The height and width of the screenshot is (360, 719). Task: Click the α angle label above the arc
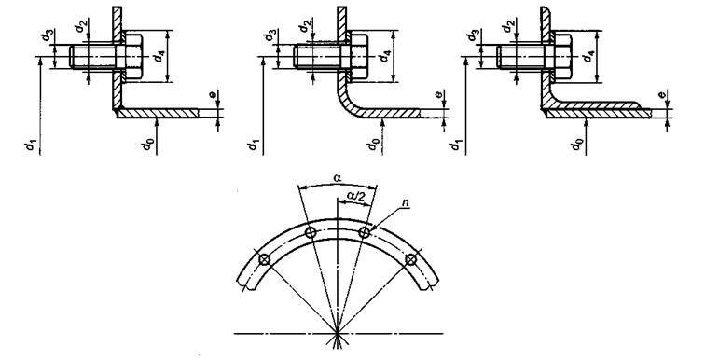(337, 177)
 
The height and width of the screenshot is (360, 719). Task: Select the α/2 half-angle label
(357, 196)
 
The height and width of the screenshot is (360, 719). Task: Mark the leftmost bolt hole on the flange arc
(264, 260)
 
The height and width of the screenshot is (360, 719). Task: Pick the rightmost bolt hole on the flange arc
(411, 259)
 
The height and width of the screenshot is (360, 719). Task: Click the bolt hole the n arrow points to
(364, 232)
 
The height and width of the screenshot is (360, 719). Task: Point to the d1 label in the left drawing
(30, 145)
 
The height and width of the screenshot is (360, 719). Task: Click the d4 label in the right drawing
(588, 57)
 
